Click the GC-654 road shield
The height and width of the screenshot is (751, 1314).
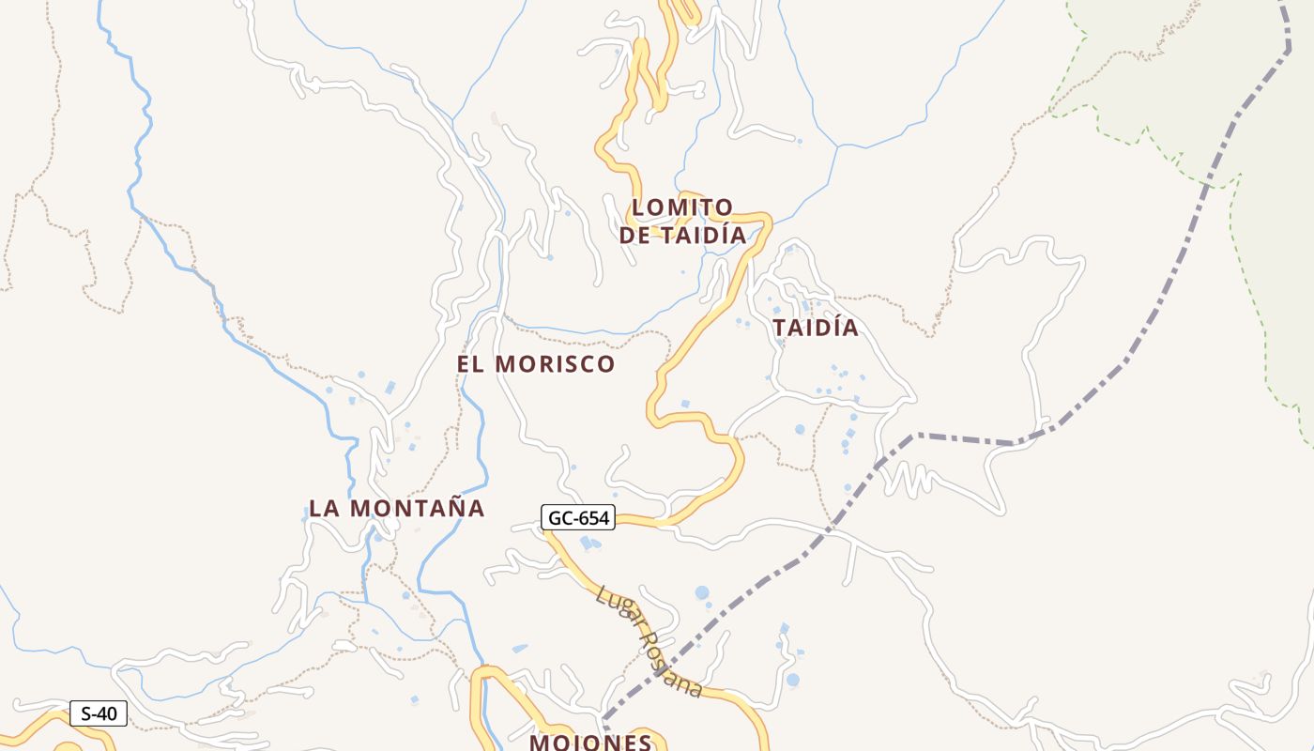pyautogui.click(x=577, y=517)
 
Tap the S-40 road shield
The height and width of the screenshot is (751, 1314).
pyautogui.click(x=99, y=713)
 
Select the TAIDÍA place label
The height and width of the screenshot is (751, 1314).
pyautogui.click(x=816, y=328)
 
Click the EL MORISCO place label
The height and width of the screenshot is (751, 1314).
pyautogui.click(x=536, y=364)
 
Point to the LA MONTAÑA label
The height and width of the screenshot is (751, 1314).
pyautogui.click(x=397, y=509)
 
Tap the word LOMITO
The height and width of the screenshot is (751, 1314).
pyautogui.click(x=682, y=207)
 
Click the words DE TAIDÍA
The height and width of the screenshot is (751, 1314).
pyautogui.click(x=682, y=236)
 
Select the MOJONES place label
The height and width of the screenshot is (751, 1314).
pyautogui.click(x=590, y=743)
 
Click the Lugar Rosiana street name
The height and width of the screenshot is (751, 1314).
pyautogui.click(x=649, y=641)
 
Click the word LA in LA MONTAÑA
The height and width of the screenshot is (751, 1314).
pyautogui.click(x=324, y=509)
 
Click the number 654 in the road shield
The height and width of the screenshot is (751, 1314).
pyautogui.click(x=592, y=517)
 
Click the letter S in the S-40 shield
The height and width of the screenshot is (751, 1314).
pyautogui.click(x=86, y=713)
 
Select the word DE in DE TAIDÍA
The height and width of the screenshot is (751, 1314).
pyautogui.click(x=634, y=236)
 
